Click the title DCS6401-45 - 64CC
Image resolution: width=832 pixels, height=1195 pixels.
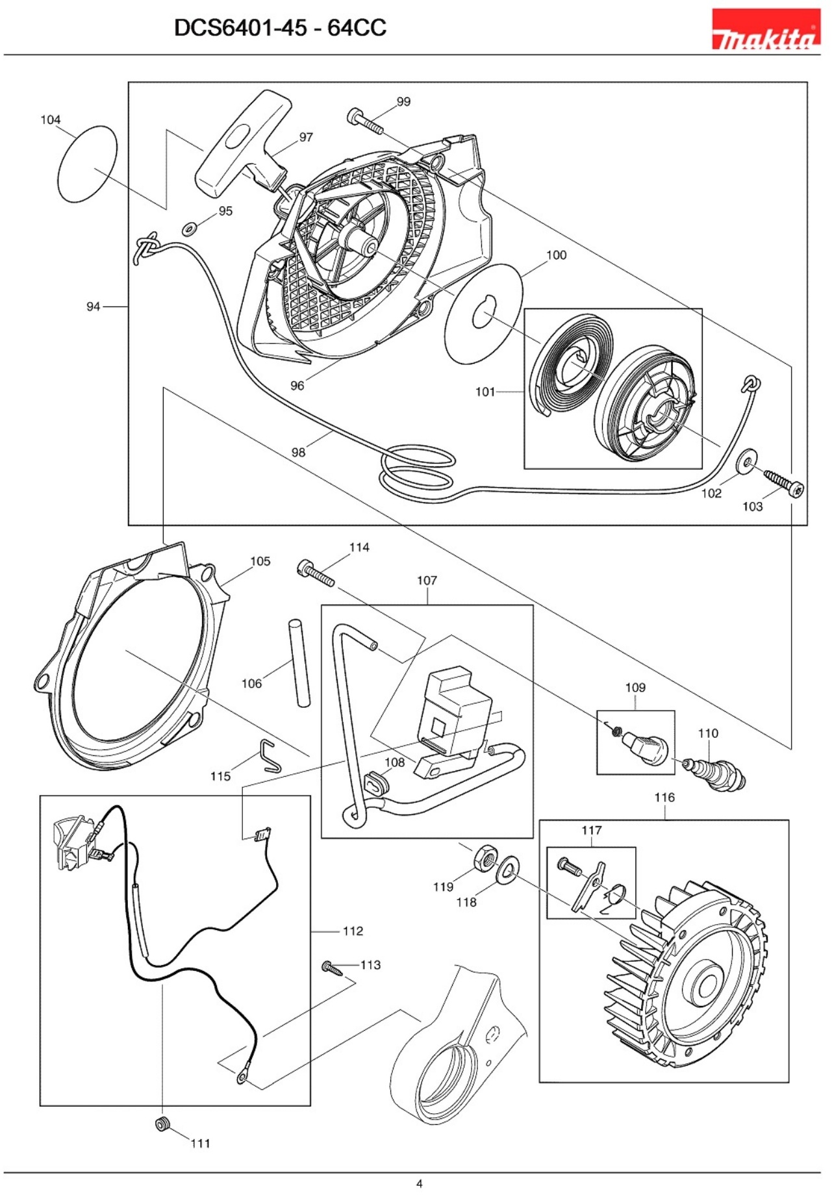pos(280,28)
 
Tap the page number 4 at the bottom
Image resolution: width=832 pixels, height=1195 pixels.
pos(419,1183)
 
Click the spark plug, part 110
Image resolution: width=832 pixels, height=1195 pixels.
pos(717,772)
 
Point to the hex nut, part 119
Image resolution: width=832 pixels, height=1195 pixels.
pos(485,859)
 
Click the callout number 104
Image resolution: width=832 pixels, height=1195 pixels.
pos(51,120)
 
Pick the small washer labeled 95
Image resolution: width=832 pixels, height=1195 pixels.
pos(190,229)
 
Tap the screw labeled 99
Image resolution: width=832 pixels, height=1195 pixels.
pos(364,121)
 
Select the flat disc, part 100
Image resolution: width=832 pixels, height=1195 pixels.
pos(483,314)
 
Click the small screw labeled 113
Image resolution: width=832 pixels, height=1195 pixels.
pos(332,968)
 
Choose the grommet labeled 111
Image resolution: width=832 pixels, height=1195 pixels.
pos(162,1124)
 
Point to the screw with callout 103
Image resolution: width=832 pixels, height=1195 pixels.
pos(784,484)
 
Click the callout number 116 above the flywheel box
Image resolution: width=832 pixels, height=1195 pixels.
pos(664,798)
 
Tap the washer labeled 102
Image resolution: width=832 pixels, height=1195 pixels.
pos(746,461)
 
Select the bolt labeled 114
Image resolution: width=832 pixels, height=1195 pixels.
pos(316,573)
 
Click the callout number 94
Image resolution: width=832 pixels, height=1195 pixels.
pos(94,307)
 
